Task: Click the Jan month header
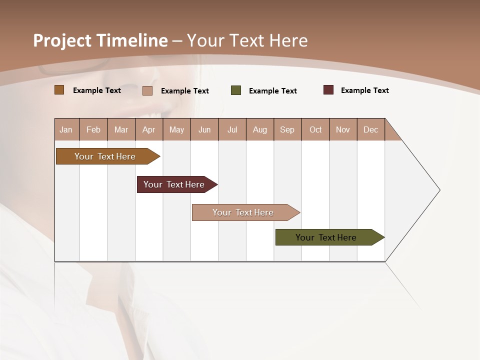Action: (x=66, y=129)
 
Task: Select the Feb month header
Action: (x=93, y=129)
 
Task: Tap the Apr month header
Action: (x=149, y=129)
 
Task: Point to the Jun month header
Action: (x=204, y=129)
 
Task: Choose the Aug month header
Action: (x=260, y=129)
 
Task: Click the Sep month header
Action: (x=287, y=129)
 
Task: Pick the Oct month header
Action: (x=315, y=129)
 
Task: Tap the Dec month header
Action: (x=371, y=129)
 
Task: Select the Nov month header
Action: (x=343, y=129)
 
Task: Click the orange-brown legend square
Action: (x=59, y=90)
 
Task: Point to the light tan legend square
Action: (x=147, y=90)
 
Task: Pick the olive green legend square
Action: (x=236, y=90)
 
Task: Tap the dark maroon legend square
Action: (x=328, y=90)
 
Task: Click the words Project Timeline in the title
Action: (x=100, y=40)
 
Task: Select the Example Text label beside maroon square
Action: (x=365, y=90)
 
